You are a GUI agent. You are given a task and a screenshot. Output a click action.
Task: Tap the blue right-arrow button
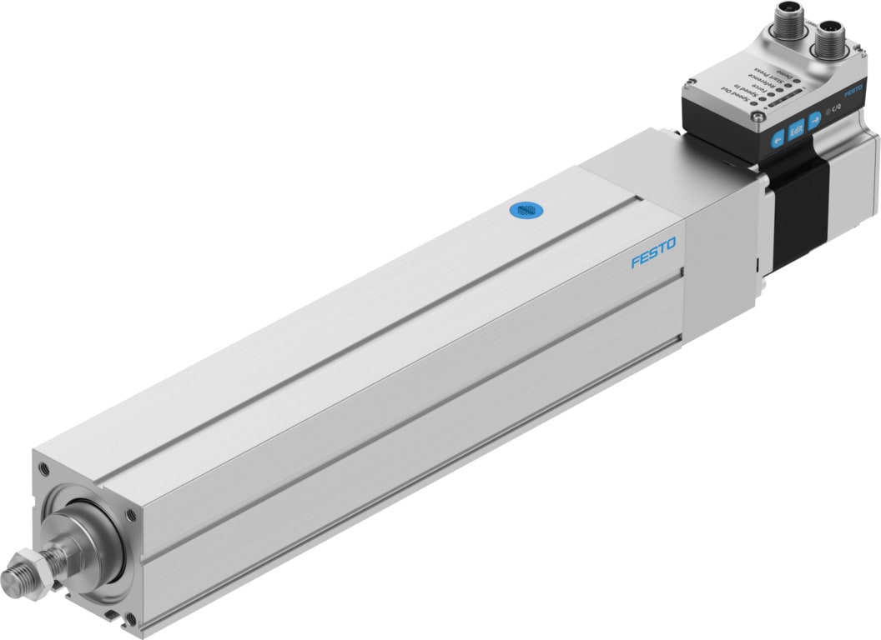(815, 118)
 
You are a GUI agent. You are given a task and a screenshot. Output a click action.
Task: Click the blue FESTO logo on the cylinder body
(654, 252)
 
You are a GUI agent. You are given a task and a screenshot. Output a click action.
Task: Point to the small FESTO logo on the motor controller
(853, 94)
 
